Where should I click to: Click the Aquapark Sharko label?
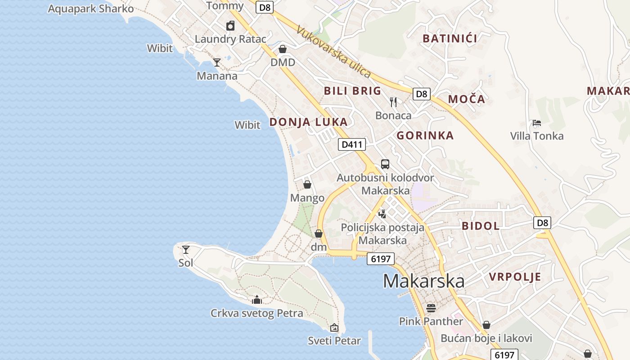tap(91, 9)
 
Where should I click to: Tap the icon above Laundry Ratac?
tap(230, 26)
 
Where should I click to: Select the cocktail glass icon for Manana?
tap(217, 63)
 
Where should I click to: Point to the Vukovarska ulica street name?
tap(334, 51)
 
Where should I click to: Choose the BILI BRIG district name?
tap(353, 91)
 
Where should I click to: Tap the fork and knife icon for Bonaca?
tap(394, 102)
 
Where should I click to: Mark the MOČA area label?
tap(467, 99)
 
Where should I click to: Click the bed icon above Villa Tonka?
tap(536, 122)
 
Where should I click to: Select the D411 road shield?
tap(352, 144)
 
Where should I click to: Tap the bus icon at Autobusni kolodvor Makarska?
tap(385, 164)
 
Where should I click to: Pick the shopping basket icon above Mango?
tap(307, 184)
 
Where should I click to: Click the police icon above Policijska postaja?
tap(382, 214)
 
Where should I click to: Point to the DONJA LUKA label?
tap(308, 122)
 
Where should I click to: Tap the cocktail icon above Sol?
tap(186, 249)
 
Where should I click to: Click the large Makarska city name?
tap(424, 281)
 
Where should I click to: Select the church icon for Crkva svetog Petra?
tap(257, 300)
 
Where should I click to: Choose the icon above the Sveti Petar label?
tap(334, 328)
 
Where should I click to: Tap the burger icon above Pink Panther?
tap(431, 308)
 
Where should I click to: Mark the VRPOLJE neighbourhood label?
tap(515, 277)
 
